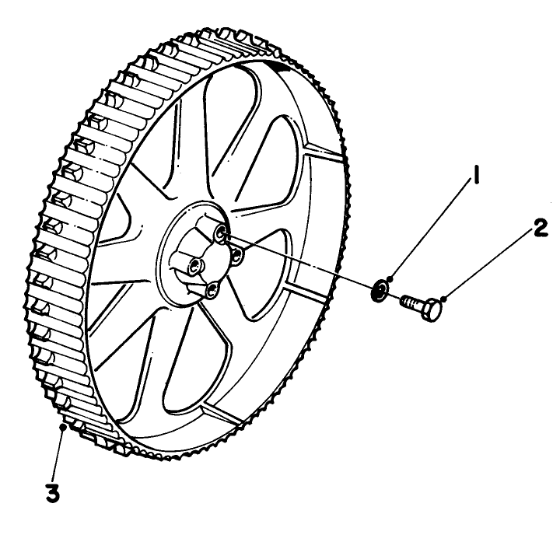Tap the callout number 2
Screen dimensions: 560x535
(541, 229)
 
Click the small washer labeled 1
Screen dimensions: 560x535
(380, 289)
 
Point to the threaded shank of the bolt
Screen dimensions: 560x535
(411, 302)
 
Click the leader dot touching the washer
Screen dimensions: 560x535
(391, 279)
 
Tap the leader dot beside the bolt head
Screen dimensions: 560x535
(443, 298)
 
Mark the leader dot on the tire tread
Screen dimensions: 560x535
(64, 425)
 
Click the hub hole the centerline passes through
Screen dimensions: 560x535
(220, 233)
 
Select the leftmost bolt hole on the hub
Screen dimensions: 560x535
(195, 265)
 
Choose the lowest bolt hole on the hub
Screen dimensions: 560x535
(212, 290)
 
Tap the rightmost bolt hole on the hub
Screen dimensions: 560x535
(236, 255)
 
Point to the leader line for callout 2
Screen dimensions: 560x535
(488, 264)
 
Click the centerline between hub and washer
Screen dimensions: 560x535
(299, 260)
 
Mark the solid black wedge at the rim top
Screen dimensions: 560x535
(281, 68)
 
